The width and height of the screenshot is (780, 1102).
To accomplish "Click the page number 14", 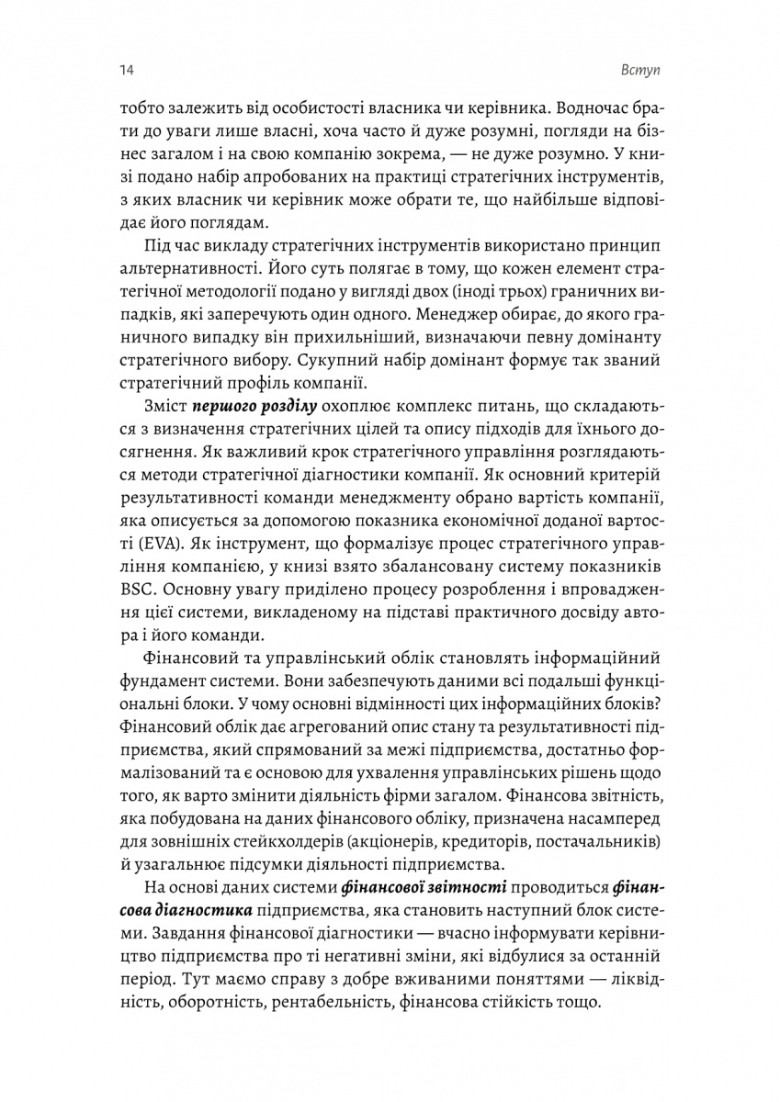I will click(125, 70).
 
